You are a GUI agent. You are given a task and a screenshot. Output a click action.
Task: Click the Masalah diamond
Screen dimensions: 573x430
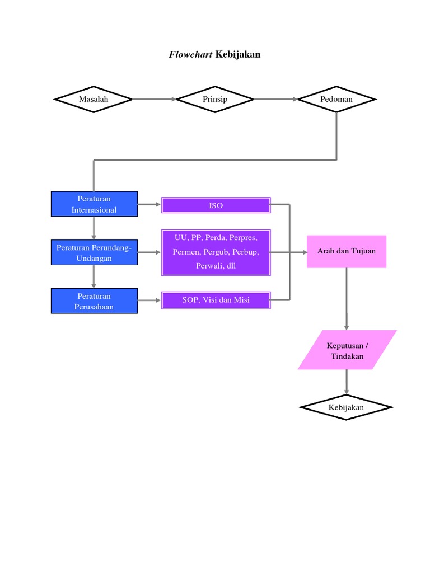coord(94,99)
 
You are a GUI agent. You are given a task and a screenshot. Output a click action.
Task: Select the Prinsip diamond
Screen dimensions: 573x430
coord(215,99)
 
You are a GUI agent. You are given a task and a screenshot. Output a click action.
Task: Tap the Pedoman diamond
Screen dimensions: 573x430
coord(336,99)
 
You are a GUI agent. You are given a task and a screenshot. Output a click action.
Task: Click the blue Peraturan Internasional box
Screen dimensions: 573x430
coord(94,204)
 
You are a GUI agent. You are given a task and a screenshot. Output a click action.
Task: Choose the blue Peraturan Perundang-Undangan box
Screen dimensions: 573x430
coord(94,252)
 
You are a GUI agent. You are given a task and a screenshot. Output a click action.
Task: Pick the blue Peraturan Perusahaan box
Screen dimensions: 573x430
coord(94,301)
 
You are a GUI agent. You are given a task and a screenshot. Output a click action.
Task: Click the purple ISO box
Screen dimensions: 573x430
coord(216,205)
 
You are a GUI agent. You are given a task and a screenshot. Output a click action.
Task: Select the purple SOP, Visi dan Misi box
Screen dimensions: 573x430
coord(216,300)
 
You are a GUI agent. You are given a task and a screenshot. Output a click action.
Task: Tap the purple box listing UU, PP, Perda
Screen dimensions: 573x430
coord(216,252)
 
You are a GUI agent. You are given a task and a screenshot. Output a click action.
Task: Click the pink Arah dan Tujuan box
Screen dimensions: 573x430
coord(347,251)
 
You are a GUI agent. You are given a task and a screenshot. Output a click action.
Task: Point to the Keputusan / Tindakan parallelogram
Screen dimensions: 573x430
coord(347,350)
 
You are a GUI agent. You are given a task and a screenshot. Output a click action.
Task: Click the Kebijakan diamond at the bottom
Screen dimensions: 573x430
coord(347,407)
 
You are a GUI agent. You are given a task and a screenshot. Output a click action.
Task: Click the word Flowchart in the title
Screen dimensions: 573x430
coord(190,54)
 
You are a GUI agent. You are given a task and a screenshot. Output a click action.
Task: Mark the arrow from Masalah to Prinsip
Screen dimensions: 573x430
coord(154,99)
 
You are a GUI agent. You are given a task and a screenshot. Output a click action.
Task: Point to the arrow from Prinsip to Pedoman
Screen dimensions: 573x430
coord(275,99)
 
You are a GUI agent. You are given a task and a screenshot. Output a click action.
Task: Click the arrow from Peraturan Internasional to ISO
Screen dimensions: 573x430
coord(149,205)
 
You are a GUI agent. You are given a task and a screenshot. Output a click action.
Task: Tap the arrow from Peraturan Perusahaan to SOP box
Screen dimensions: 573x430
coord(149,300)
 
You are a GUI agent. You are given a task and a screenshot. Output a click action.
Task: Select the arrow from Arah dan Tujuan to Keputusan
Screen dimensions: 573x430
coord(347,299)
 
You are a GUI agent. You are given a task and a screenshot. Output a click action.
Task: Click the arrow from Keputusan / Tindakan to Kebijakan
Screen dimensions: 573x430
coord(347,382)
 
